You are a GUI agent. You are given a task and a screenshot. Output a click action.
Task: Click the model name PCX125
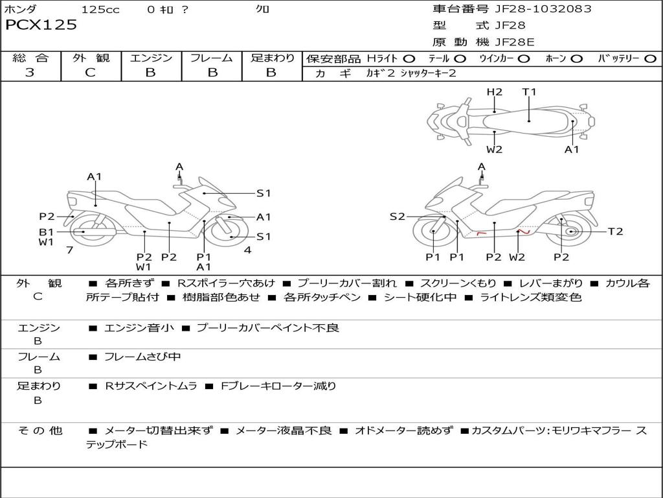(41, 25)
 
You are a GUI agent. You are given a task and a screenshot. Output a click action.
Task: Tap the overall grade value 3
(30, 73)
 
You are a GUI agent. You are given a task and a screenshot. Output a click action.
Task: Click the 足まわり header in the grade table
(272, 58)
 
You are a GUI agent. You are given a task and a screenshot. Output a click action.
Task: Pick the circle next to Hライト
(410, 59)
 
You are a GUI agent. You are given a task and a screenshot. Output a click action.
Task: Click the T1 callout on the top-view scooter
(530, 92)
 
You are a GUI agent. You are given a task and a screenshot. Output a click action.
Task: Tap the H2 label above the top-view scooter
(495, 92)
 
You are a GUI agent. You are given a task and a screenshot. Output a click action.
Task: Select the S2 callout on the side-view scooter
(397, 217)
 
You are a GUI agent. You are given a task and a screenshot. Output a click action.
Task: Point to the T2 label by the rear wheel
(615, 231)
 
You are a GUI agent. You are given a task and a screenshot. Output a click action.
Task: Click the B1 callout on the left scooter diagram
(46, 231)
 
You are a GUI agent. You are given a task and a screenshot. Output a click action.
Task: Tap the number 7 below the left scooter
(69, 250)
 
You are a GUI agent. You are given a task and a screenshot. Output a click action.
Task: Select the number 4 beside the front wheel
(247, 250)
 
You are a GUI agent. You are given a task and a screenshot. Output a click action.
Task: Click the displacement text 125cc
(100, 9)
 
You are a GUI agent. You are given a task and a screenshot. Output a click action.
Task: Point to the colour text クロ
(263, 9)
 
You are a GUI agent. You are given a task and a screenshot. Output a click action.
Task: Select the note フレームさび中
(142, 357)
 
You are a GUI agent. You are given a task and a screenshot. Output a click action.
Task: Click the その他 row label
(39, 431)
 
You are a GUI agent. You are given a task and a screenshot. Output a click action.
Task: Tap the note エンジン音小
(139, 328)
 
